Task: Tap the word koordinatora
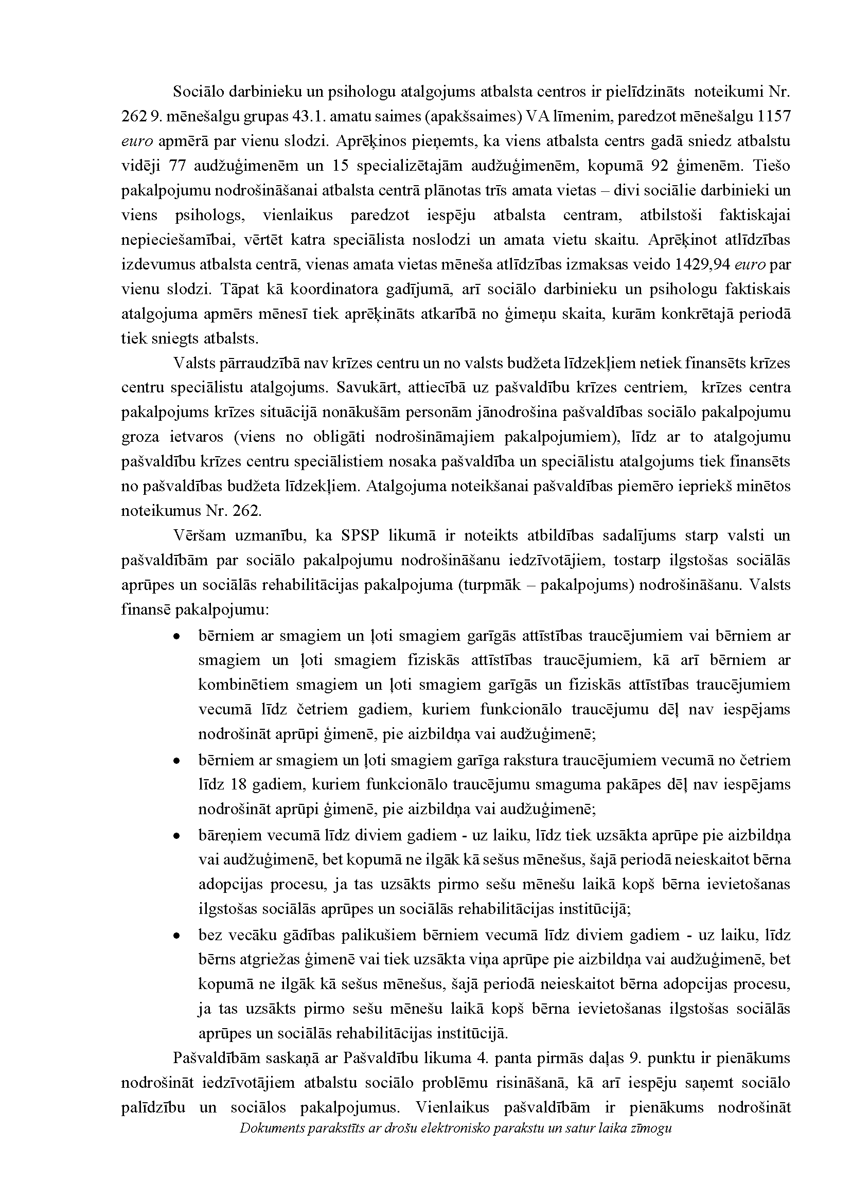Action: [305, 290]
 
